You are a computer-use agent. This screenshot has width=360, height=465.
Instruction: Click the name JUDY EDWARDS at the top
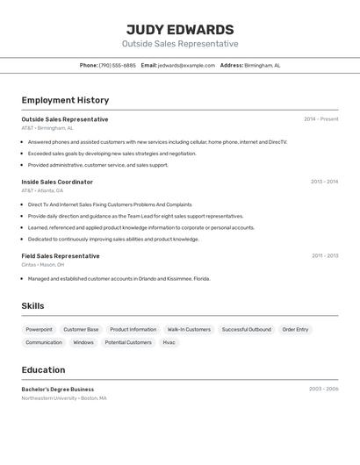pyautogui.click(x=180, y=29)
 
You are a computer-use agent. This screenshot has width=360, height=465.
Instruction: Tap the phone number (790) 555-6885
pyautogui.click(x=117, y=65)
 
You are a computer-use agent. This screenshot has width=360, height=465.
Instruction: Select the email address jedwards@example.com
pyautogui.click(x=186, y=65)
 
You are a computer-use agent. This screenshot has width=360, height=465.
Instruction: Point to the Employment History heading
pyautogui.click(x=65, y=100)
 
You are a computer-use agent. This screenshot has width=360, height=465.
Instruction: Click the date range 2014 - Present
pyautogui.click(x=320, y=119)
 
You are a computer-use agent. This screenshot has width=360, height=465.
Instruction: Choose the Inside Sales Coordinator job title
pyautogui.click(x=57, y=182)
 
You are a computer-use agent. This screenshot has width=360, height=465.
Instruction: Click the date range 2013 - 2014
pyautogui.click(x=324, y=182)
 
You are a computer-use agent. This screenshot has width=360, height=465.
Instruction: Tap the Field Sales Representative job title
pyautogui.click(x=61, y=256)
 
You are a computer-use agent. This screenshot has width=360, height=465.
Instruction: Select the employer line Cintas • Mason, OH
pyautogui.click(x=43, y=264)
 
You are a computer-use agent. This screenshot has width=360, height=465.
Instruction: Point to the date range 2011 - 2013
pyautogui.click(x=324, y=256)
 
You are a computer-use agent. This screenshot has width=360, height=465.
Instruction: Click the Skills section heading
pyautogui.click(x=32, y=306)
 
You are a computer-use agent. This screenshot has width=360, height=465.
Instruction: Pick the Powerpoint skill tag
pyautogui.click(x=39, y=330)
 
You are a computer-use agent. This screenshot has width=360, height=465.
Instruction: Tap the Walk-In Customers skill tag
pyautogui.click(x=189, y=330)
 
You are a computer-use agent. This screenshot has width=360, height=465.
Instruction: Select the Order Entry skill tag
pyautogui.click(x=295, y=330)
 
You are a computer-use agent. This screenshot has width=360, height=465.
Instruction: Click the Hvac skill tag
pyautogui.click(x=169, y=342)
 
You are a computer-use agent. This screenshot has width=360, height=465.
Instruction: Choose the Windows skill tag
pyautogui.click(x=83, y=342)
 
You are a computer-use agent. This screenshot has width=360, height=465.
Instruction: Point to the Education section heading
pyautogui.click(x=43, y=370)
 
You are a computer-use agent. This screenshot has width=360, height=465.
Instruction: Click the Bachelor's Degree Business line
pyautogui.click(x=57, y=390)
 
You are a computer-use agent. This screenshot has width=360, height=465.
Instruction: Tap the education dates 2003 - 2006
pyautogui.click(x=323, y=389)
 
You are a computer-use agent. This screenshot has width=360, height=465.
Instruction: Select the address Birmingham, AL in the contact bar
pyautogui.click(x=262, y=65)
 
